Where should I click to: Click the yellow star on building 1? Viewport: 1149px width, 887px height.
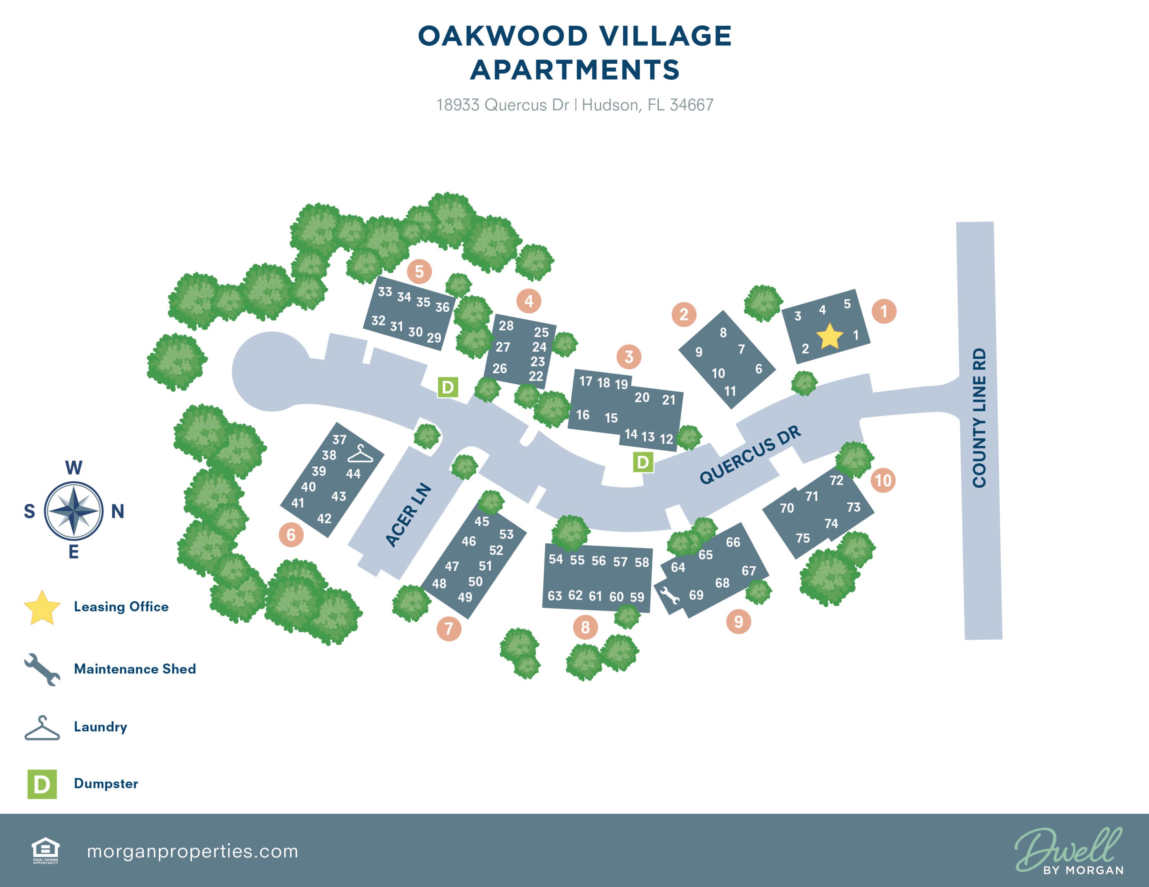(x=829, y=336)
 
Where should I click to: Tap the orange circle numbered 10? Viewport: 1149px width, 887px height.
(x=883, y=480)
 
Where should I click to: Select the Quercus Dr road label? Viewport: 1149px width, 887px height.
(x=750, y=454)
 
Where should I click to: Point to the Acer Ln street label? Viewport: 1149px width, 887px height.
(x=408, y=515)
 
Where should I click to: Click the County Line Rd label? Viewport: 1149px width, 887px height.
(x=979, y=418)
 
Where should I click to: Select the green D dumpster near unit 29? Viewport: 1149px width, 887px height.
(x=448, y=387)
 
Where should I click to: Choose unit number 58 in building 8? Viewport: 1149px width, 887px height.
(x=641, y=562)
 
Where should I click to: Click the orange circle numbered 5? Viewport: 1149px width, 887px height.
(x=419, y=271)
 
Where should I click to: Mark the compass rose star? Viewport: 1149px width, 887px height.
(x=74, y=511)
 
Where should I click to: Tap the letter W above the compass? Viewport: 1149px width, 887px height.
(x=74, y=468)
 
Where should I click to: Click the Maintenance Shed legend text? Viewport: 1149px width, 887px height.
(x=135, y=669)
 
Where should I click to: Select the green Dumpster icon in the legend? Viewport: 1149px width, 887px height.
(x=42, y=784)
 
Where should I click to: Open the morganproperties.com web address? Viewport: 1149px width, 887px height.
(x=192, y=851)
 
